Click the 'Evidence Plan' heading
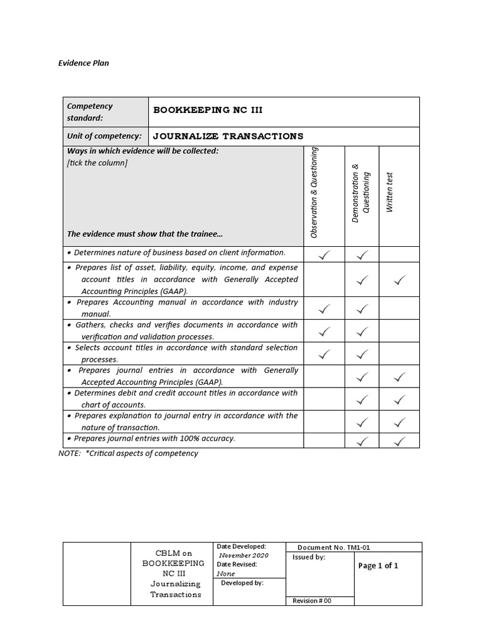tap(83, 63)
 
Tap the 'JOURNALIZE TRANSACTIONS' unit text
tap(228, 136)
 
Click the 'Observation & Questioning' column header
tap(314, 192)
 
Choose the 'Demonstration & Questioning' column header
tap(361, 193)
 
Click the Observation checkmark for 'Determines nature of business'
tap(324, 255)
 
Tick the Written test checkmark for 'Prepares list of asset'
tap(399, 281)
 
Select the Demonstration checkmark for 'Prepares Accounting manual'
tap(362, 309)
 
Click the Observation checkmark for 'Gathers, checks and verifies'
tap(324, 331)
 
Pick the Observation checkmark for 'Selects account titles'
tap(324, 354)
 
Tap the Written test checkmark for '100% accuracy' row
tap(399, 441)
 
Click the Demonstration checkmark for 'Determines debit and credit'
tap(362, 399)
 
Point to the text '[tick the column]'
tap(97, 163)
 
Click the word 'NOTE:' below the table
tap(70, 453)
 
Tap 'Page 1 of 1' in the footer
tap(378, 566)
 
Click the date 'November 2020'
tap(243, 556)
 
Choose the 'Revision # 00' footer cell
tap(312, 601)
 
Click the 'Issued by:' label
tap(309, 558)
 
